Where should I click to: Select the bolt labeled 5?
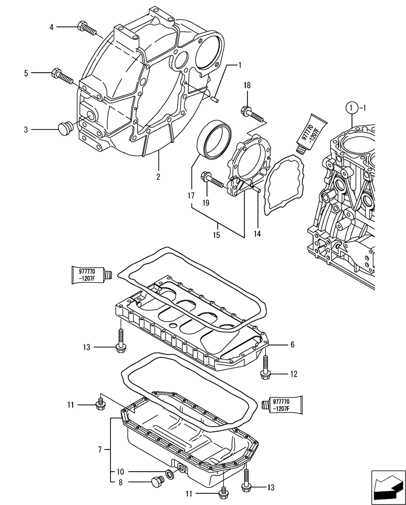62,76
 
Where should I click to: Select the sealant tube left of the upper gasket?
92,275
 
